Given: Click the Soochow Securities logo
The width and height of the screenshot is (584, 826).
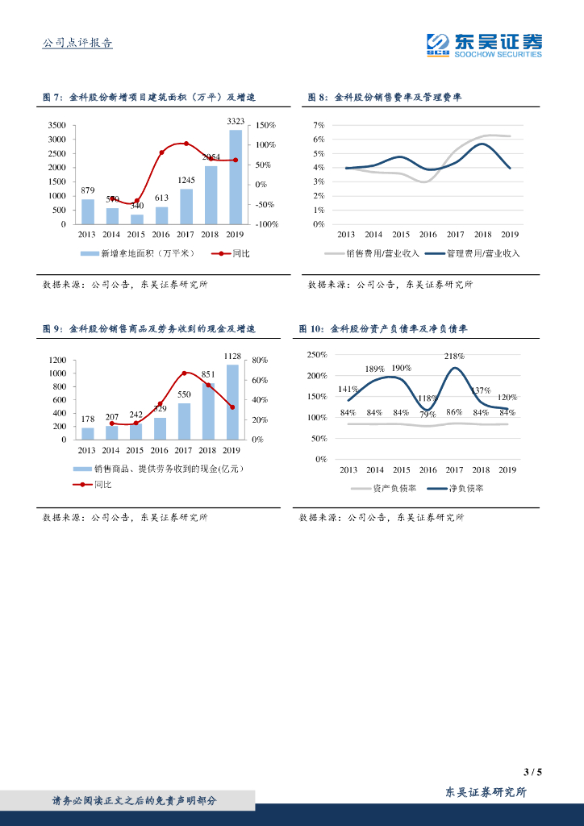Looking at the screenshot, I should click(x=484, y=45).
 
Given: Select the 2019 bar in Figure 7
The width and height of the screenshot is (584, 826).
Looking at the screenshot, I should click(x=235, y=177).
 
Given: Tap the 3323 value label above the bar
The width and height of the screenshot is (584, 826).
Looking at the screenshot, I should click(x=235, y=121).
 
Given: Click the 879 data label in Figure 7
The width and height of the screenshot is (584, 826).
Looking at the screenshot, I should click(x=88, y=190).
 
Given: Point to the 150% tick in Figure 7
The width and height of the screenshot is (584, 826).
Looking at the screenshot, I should click(x=266, y=126).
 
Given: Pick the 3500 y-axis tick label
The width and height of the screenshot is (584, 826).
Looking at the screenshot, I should click(x=56, y=126).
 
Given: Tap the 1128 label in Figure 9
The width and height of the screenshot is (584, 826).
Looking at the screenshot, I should click(x=232, y=356).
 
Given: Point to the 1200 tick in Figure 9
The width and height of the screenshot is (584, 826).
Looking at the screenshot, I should click(x=56, y=361).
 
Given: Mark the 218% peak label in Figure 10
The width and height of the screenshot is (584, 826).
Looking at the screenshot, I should click(x=454, y=356).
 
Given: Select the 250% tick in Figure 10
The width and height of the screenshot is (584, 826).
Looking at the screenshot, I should click(x=316, y=356).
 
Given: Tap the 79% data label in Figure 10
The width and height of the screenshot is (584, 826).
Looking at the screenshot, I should click(x=428, y=414).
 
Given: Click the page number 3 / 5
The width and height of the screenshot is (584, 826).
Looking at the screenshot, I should click(x=532, y=772).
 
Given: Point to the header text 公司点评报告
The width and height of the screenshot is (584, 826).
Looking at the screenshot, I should click(x=77, y=43).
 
